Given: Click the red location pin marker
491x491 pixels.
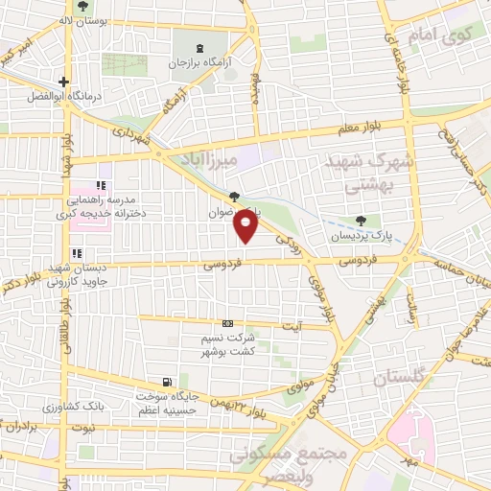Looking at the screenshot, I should point(246,226).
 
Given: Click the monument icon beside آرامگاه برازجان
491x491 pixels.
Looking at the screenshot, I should point(199,48).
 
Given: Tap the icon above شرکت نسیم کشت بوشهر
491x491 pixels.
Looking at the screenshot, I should point(227,324).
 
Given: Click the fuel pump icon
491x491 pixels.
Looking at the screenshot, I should point(170,381).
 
